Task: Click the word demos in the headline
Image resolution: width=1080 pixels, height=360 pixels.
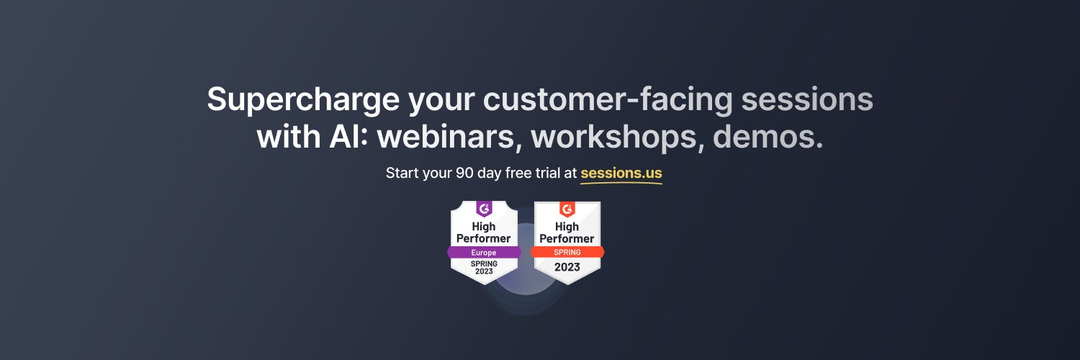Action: pos(768,137)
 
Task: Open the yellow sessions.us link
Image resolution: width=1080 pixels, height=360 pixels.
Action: pos(621,174)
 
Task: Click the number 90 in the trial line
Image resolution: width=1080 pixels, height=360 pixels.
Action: pos(465,174)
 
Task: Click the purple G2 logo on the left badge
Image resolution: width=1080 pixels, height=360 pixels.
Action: pos(484,209)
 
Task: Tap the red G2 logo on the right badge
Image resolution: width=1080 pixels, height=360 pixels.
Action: pos(567,209)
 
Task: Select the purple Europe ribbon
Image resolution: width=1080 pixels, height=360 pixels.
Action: pos(484,253)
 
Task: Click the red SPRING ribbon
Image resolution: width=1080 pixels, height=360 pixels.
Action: pos(567,252)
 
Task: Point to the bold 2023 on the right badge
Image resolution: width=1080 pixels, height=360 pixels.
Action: pos(567,267)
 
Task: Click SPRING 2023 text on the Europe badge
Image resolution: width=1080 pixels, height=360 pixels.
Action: pos(484,267)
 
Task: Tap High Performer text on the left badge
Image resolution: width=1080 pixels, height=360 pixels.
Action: pos(484,233)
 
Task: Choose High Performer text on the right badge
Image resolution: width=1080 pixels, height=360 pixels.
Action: pos(567,233)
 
